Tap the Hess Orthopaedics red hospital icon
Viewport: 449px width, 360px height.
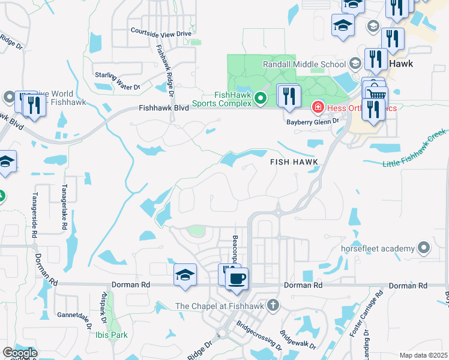(317, 108)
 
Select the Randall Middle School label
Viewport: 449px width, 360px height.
(304, 64)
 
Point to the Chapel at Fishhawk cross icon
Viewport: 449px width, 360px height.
(273, 305)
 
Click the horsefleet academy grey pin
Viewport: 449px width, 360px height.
(425, 248)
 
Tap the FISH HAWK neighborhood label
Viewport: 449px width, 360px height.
(293, 162)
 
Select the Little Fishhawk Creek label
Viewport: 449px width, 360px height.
(415, 148)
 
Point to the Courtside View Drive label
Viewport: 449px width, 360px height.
(161, 32)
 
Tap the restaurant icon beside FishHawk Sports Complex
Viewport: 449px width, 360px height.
(289, 97)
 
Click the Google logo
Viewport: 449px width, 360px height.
(20, 353)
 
